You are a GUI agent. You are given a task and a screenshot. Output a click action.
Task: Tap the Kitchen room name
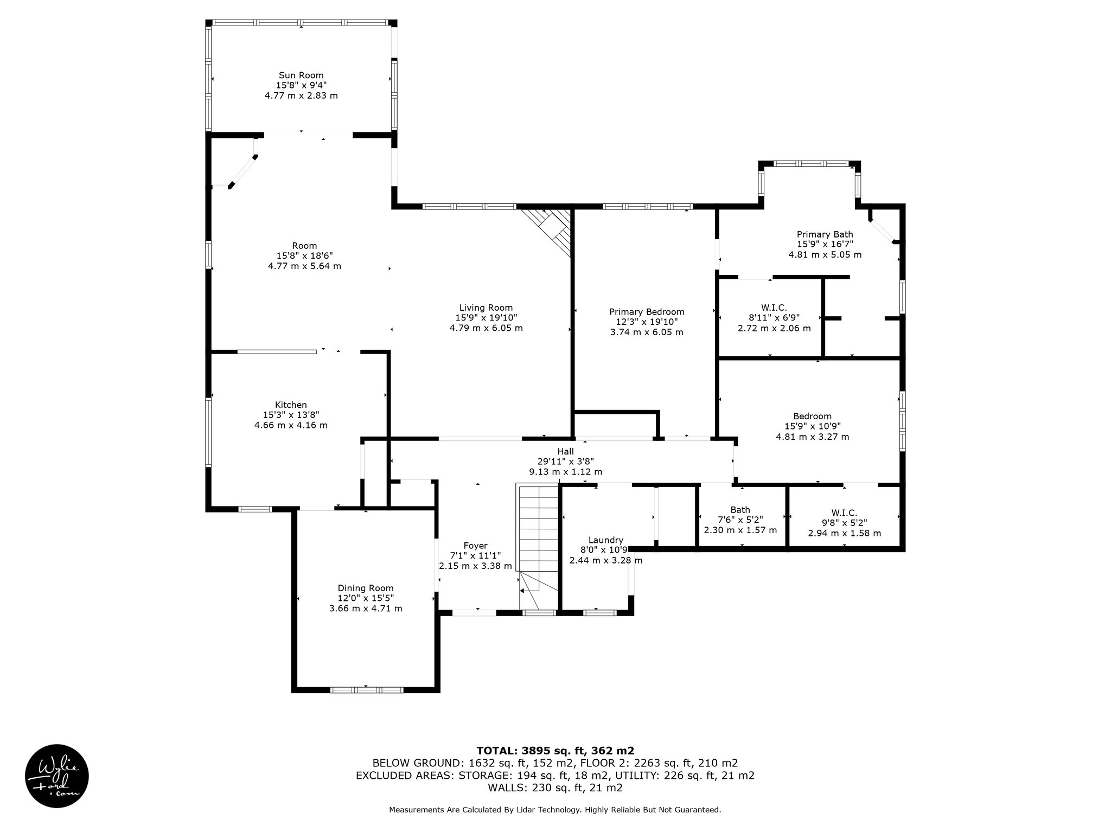(291, 405)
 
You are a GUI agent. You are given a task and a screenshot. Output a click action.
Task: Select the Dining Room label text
(366, 588)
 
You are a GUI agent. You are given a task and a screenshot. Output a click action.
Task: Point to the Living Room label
(486, 308)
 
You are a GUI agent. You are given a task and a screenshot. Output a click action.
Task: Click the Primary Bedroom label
(647, 312)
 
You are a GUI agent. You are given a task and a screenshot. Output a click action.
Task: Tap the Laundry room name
(606, 540)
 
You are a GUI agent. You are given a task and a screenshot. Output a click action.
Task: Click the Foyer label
(475, 546)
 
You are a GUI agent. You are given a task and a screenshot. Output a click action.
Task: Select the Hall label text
(565, 451)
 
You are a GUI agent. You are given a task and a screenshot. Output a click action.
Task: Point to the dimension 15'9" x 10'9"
(812, 427)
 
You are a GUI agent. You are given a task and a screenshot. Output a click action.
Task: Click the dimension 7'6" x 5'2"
(740, 520)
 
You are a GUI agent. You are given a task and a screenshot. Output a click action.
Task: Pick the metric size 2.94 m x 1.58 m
(844, 534)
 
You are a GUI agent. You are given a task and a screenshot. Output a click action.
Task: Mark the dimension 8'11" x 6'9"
(774, 318)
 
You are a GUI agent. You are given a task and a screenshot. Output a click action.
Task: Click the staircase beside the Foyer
(539, 548)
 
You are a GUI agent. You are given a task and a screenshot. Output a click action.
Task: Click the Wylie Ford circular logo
(57, 776)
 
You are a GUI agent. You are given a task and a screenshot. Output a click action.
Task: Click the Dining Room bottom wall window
(367, 690)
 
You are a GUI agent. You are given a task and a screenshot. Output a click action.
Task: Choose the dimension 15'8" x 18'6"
(304, 256)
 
